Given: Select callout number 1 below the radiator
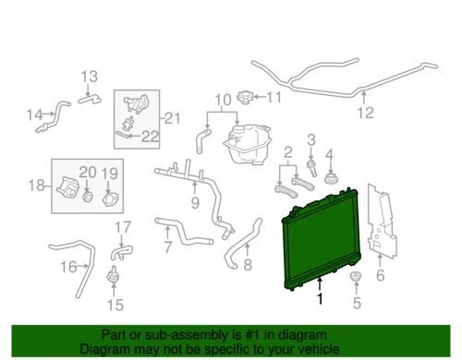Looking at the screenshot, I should (x=320, y=299).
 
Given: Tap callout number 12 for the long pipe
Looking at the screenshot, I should (x=366, y=114).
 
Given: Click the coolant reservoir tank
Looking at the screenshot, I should (x=244, y=142).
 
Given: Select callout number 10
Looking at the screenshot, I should (x=221, y=100).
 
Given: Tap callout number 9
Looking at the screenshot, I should (x=195, y=202).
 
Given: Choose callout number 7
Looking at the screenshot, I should (x=167, y=246).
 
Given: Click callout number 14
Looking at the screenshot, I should (x=35, y=114).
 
